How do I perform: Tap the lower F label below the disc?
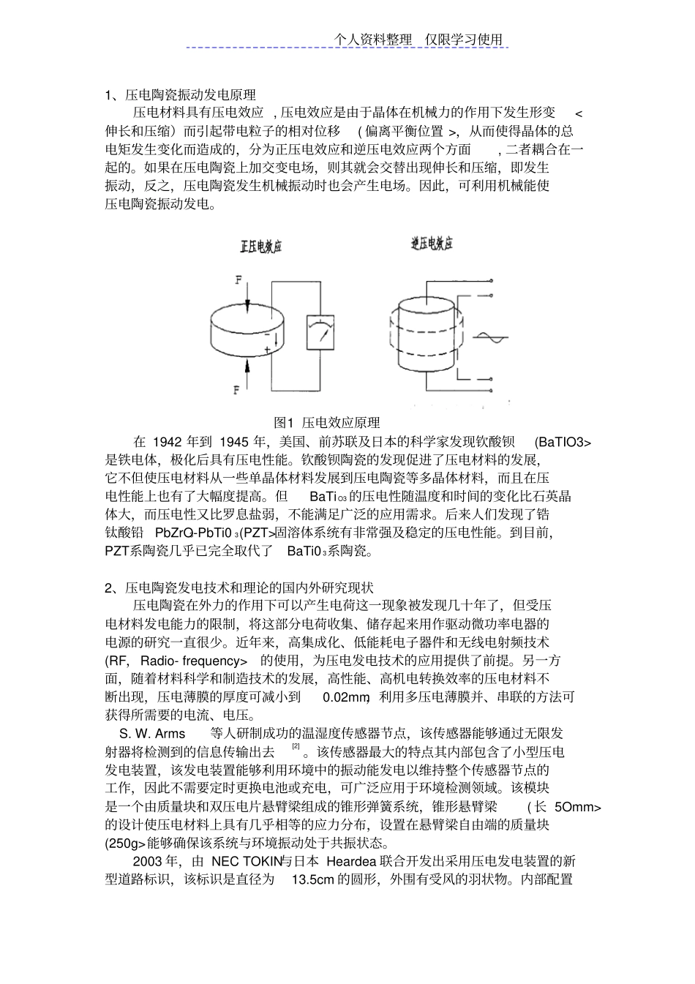236,390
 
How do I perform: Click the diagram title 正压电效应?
261,247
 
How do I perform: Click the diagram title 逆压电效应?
432,244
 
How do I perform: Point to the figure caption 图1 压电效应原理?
327,423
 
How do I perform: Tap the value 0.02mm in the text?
345,697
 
